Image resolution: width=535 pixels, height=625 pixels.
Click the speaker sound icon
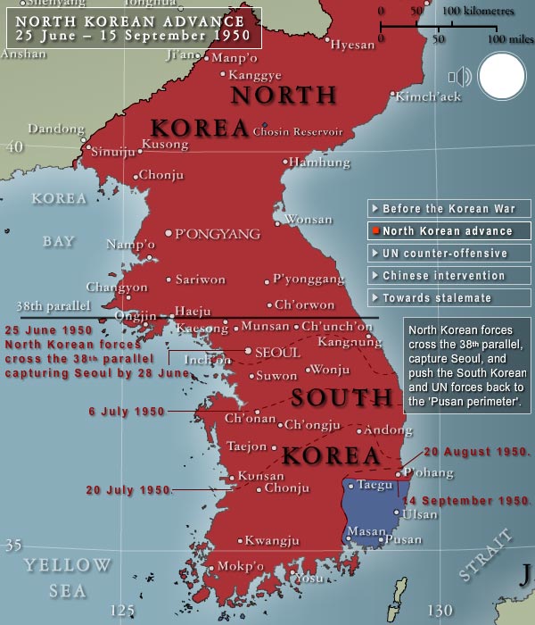pos(460,77)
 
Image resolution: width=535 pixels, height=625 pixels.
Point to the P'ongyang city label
pos(218,234)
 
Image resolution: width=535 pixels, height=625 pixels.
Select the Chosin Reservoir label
pos(298,131)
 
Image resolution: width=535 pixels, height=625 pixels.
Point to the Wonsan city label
pos(308,220)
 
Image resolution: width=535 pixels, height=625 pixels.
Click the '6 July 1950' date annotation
pos(128,412)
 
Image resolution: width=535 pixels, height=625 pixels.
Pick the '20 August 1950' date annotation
pos(477,452)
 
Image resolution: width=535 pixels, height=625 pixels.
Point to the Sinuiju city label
pos(115,152)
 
